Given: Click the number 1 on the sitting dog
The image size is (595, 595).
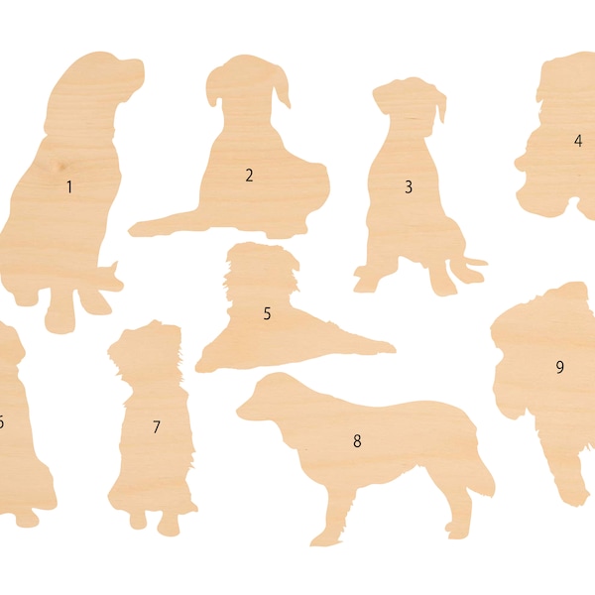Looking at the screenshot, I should pos(69,186).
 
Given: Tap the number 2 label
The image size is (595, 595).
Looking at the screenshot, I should pos(250,176).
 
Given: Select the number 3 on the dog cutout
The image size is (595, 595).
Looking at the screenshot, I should pos(408,186).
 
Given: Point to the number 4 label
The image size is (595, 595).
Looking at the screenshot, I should pos(577,141).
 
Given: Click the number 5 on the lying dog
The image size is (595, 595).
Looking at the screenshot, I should pos(267,313).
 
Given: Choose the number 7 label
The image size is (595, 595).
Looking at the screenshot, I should pos(156,427).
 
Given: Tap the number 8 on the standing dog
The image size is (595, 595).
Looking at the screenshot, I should pos(357,441).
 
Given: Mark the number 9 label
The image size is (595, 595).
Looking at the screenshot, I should pos(559,367).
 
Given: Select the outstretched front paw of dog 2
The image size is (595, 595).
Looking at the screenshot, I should pos(149,227).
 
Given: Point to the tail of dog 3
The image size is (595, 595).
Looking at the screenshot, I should pos(470,265).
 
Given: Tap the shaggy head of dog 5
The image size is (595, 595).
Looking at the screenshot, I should pos(256,269).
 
